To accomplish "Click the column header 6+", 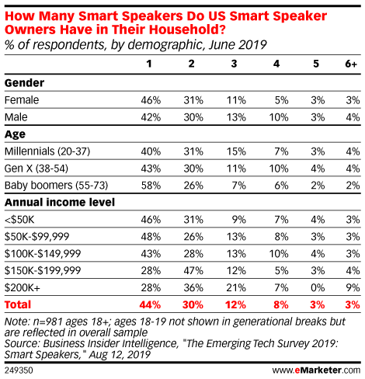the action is click(x=351, y=64).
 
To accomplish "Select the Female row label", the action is click(x=22, y=100).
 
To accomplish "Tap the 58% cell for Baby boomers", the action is click(x=151, y=186).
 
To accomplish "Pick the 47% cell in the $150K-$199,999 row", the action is click(x=193, y=271).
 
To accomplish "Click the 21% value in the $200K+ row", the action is click(x=236, y=288).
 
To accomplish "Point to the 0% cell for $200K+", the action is click(x=318, y=288).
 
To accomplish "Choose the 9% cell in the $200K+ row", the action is click(x=353, y=288).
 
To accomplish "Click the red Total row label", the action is click(x=18, y=304).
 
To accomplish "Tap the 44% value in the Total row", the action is click(x=150, y=305).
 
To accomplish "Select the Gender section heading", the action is click(x=24, y=83).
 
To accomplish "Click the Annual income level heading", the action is click(x=60, y=203).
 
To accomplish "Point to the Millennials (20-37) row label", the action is click(x=47, y=151).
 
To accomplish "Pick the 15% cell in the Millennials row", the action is click(x=236, y=151).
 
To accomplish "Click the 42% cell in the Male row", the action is click(x=151, y=117).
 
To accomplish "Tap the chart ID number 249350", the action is click(x=19, y=370).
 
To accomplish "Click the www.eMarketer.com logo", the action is click(x=316, y=370).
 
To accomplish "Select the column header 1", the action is click(x=149, y=64).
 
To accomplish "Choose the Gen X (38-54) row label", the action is click(x=36, y=169).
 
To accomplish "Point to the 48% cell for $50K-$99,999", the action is click(x=151, y=237).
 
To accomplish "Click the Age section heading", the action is click(x=15, y=134).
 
